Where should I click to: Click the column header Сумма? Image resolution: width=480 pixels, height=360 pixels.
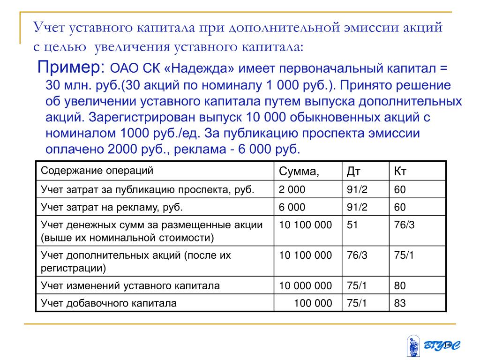click(x=299, y=172)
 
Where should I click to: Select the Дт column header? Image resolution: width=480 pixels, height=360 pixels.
click(x=353, y=172)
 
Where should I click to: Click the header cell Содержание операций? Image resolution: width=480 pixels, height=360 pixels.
click(x=97, y=171)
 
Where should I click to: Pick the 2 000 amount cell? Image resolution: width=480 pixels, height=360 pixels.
click(x=292, y=190)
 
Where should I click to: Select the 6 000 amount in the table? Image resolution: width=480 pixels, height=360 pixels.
click(x=292, y=207)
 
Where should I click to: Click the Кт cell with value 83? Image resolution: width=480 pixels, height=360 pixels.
click(x=400, y=303)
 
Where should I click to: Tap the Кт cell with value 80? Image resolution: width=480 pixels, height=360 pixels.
click(x=400, y=285)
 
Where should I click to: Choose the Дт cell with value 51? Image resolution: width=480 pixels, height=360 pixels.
click(x=352, y=225)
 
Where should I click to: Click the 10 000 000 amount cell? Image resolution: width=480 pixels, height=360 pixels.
click(x=306, y=285)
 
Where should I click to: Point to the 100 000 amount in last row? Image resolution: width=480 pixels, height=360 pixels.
click(x=313, y=303)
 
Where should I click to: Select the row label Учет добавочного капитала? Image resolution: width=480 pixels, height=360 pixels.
click(x=109, y=303)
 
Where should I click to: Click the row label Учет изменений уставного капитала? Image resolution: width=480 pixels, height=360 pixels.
click(x=130, y=285)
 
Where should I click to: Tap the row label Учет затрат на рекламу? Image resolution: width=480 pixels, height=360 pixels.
click(x=112, y=207)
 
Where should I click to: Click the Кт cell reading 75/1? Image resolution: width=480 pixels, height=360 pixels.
click(x=404, y=255)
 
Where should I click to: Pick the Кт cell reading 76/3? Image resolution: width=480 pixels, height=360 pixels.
click(x=404, y=225)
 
